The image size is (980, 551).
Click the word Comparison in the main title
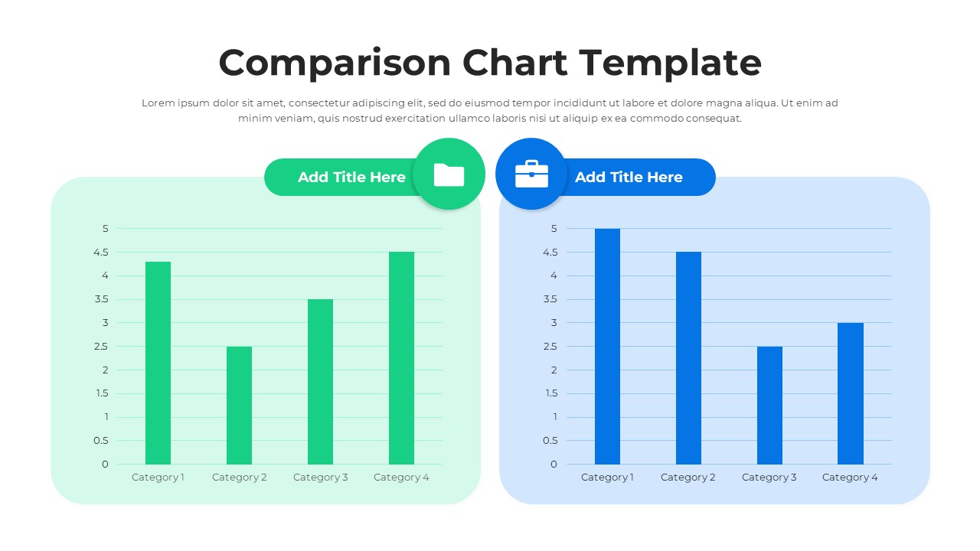[335, 63]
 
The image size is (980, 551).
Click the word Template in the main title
[670, 63]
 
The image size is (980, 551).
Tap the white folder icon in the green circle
[449, 175]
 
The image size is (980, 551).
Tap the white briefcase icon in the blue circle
[531, 174]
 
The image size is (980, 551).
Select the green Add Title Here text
[351, 177]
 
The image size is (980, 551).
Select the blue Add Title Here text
[629, 177]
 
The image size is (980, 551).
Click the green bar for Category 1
[158, 363]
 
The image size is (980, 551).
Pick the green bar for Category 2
[239, 405]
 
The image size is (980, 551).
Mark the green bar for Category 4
[401, 357]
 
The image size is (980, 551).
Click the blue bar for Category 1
[607, 346]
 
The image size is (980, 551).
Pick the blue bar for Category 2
[688, 357]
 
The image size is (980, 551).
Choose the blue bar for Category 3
[769, 405]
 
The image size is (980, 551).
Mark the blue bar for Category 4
[851, 393]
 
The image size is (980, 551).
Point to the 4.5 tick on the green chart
[102, 252]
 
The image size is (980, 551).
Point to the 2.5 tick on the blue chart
[550, 347]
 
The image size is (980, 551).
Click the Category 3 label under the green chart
[320, 478]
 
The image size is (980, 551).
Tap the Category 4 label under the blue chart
[850, 478]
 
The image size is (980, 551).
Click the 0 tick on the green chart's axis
[105, 465]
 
